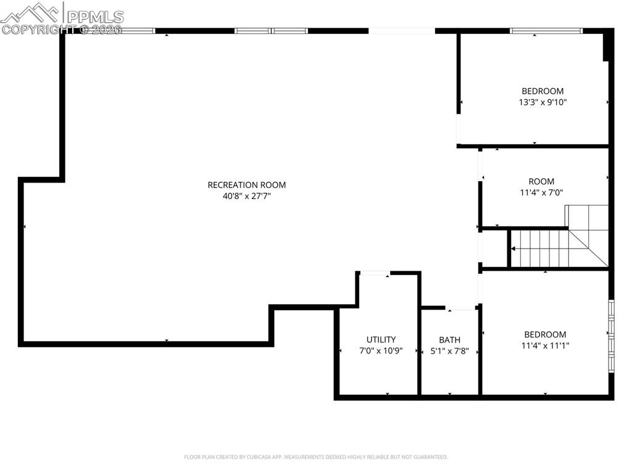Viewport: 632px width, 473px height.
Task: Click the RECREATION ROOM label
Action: point(246,185)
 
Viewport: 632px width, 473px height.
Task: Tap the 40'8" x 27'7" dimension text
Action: point(247,196)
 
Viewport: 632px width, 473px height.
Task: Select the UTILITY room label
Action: point(381,340)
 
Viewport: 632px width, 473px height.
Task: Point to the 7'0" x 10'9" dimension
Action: point(381,351)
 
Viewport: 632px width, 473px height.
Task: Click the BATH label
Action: point(449,340)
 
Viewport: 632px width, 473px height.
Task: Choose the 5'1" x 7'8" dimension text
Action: point(449,351)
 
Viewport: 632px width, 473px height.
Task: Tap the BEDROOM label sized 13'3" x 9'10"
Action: point(543,91)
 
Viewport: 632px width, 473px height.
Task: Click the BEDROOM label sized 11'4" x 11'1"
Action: point(545,335)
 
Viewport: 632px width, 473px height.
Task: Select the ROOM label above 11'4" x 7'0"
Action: point(541,181)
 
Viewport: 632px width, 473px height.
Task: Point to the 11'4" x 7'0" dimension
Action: point(541,192)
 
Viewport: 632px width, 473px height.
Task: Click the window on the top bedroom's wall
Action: point(546,30)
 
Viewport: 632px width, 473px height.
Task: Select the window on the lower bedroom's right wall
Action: point(611,336)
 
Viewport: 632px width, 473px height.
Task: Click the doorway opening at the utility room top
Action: point(375,273)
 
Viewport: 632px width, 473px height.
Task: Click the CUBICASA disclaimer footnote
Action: point(315,457)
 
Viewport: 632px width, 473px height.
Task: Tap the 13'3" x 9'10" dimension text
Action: point(543,102)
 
